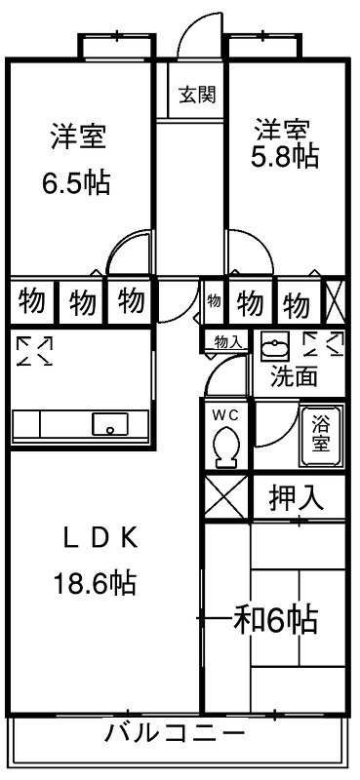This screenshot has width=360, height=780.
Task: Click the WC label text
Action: pyautogui.click(x=225, y=414)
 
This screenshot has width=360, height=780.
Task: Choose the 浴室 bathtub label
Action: pyautogui.click(x=320, y=431)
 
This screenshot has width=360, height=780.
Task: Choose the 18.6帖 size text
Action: pyautogui.click(x=94, y=584)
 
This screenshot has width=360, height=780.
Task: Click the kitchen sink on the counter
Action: pyautogui.click(x=110, y=425)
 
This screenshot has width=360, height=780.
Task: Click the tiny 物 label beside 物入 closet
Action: pyautogui.click(x=214, y=301)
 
